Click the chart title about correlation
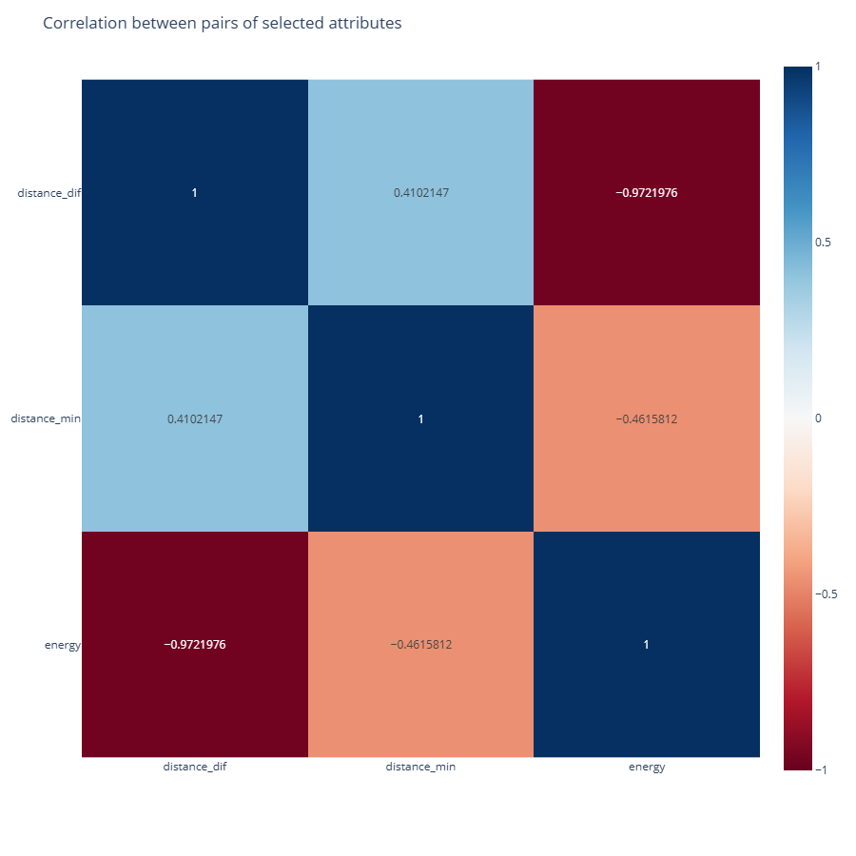coord(223,24)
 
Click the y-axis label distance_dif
coord(49,193)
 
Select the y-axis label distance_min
coord(46,418)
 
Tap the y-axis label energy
coord(63,645)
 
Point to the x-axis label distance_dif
coord(195,767)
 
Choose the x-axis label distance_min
coord(420,767)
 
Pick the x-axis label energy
coord(647,767)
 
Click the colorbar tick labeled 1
coord(818,67)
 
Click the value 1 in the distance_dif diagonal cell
coord(195,193)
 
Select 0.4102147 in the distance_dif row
coord(420,193)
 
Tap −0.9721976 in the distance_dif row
coord(647,193)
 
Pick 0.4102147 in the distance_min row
coord(195,418)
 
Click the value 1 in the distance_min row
coord(420,418)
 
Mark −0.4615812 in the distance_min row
coord(647,418)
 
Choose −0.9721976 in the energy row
coord(195,645)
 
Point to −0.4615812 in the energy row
coord(420,645)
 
